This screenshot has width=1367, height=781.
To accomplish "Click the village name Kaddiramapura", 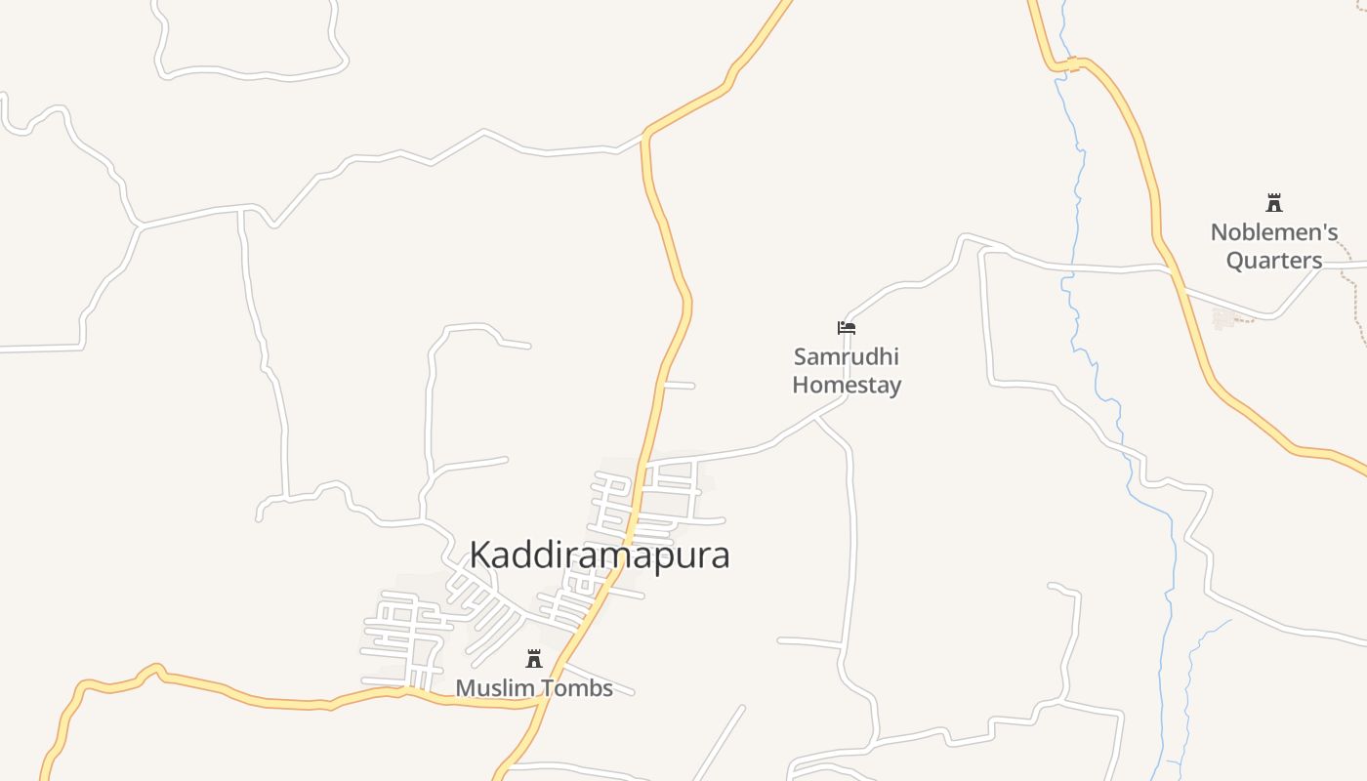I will (599, 555).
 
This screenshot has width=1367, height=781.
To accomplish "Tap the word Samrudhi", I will (846, 356).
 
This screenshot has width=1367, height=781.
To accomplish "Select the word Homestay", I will (846, 385).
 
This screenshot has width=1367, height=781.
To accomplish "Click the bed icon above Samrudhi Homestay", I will (847, 328).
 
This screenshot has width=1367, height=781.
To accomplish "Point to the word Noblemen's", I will (1273, 232).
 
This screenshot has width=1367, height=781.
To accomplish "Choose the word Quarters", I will (1273, 261).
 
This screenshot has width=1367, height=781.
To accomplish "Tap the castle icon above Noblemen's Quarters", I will (1273, 203).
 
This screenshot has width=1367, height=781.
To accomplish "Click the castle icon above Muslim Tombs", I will (534, 659).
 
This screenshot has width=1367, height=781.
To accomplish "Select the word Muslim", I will (495, 688).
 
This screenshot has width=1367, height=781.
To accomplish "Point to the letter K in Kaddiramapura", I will (480, 555).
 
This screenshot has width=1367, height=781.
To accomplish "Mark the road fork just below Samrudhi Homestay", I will (815, 418).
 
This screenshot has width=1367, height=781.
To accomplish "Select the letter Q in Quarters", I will (1235, 261).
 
